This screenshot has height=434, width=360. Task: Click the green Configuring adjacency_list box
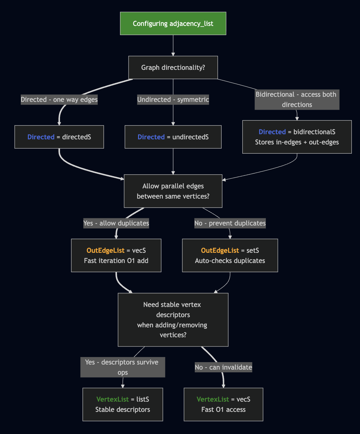173,24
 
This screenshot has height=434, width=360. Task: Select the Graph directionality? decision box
173,67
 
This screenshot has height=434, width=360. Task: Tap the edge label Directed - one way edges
59,99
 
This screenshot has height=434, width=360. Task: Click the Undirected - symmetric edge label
173,99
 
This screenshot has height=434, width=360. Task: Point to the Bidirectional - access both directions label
297,99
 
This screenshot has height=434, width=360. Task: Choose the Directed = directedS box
59,137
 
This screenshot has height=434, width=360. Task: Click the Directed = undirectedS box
173,137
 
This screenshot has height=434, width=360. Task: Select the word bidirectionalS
314,132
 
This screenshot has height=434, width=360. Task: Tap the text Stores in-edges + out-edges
297,142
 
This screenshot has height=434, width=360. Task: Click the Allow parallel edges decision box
173,191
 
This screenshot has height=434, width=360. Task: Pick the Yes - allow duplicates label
116,223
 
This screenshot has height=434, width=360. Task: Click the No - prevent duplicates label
230,223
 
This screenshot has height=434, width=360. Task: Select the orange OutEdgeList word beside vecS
105,250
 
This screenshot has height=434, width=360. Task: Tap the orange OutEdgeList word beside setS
220,250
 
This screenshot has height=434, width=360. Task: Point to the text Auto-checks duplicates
230,261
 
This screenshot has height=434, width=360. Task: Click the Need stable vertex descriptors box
173,320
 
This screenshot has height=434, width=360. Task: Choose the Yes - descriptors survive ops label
122,367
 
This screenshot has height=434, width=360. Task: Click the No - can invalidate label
223,367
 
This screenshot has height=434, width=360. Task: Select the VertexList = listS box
122,404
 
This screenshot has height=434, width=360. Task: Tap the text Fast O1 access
223,409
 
